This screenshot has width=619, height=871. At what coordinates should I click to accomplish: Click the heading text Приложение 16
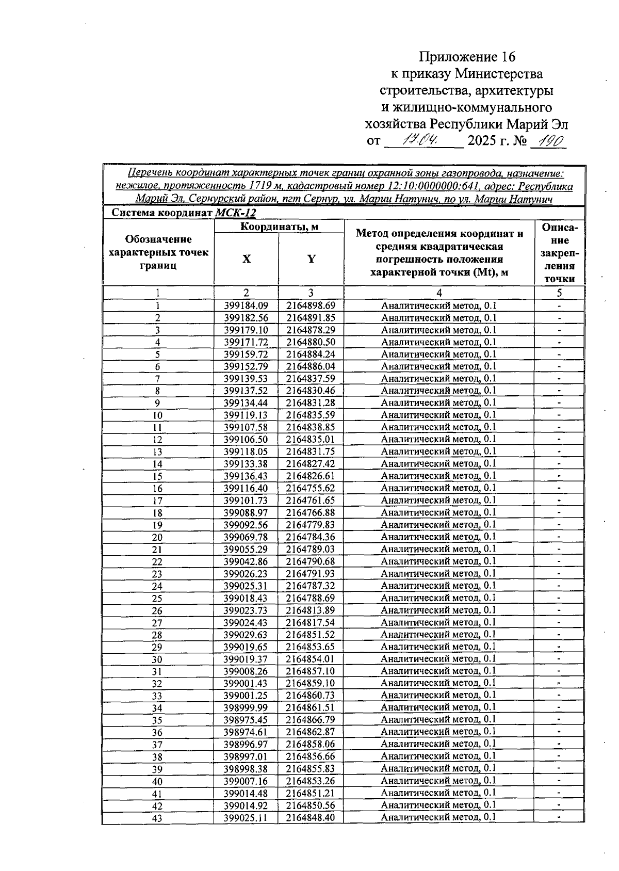[467, 56]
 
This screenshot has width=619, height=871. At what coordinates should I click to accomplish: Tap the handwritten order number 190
[549, 141]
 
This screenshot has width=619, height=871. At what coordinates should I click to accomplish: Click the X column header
[247, 259]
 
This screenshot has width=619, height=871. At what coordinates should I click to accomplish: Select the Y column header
[311, 259]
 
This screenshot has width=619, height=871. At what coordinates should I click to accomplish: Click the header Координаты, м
[279, 227]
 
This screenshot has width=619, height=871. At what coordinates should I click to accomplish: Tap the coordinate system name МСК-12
[235, 213]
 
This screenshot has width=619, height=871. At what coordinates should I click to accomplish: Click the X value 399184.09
[246, 305]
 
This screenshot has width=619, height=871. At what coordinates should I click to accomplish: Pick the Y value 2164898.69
[311, 305]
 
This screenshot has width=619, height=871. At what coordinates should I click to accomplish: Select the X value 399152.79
[246, 366]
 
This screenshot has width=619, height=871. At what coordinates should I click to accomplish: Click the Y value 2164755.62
[311, 488]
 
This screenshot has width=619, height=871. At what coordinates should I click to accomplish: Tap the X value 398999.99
[246, 708]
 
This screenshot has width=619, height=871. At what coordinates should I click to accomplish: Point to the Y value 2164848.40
[311, 818]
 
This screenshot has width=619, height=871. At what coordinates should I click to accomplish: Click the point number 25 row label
[157, 599]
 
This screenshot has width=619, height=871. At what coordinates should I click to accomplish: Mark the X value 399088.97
[246, 513]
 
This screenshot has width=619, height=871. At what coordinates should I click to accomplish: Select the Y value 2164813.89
[311, 610]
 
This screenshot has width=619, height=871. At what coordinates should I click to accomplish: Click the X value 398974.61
[246, 732]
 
